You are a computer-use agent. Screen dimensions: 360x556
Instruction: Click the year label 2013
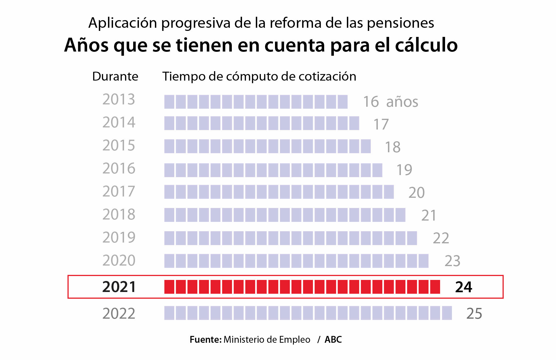point(119,99)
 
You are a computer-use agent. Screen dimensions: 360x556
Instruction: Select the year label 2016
point(119,168)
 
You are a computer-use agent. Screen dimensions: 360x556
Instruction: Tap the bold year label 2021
point(119,287)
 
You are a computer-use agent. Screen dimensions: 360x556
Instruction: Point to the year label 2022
point(119,313)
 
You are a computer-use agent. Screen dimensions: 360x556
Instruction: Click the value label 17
point(381,124)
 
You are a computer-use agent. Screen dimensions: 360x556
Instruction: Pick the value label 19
point(404,170)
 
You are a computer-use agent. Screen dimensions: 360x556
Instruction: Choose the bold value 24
point(464,287)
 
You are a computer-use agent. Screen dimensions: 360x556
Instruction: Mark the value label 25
point(474,313)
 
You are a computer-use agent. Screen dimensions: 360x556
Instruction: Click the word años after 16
point(402,102)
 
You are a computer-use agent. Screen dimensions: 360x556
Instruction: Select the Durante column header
point(115,76)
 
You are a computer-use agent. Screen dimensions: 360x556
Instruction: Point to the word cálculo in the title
point(426,45)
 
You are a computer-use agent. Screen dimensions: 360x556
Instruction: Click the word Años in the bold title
point(86,45)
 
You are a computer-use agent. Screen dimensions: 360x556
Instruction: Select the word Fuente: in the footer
point(206,340)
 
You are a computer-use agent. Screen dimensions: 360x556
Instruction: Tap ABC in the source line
point(333,340)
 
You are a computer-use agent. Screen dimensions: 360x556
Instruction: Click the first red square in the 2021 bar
point(169,287)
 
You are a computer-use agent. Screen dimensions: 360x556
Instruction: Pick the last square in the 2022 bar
point(447,313)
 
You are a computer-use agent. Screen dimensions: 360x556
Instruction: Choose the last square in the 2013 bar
point(342,102)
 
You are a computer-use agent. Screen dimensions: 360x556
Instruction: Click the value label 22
point(441,238)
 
